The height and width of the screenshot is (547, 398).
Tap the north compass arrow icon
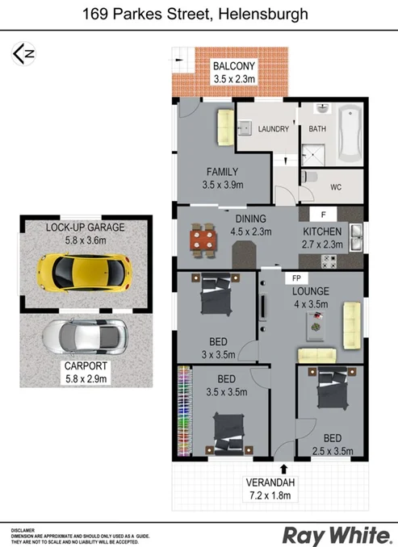(x=24, y=54)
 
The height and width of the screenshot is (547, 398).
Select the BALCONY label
(x=234, y=66)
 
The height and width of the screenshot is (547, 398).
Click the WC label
(x=337, y=187)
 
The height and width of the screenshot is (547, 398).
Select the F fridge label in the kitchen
(x=323, y=215)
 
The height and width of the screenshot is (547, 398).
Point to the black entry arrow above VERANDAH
(x=283, y=467)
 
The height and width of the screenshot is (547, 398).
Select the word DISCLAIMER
(x=26, y=530)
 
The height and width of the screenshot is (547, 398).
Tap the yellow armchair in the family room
(x=223, y=125)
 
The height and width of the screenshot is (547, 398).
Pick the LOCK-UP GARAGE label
(x=85, y=227)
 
